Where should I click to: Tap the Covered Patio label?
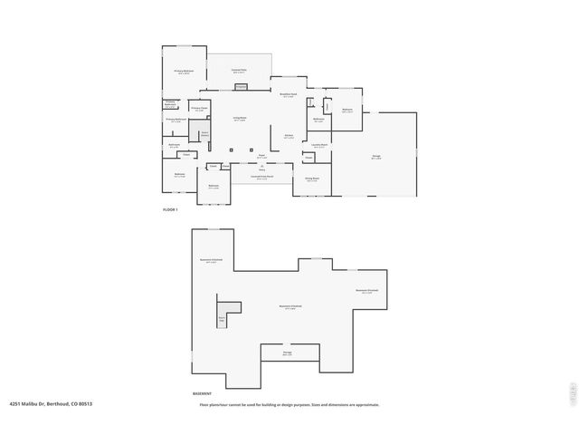pos(239,71)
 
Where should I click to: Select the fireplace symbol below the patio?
pos(241,87)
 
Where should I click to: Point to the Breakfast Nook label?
pos(288,95)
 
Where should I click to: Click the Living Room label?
pos(240,119)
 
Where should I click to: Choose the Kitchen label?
pos(289,137)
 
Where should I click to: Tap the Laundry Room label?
pos(319,145)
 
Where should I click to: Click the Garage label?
pos(375,157)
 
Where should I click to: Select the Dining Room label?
pos(311,179)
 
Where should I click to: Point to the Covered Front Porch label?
pos(261,178)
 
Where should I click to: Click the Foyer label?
pos(261,156)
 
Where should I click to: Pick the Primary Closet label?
pos(199,109)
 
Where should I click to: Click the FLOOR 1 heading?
pos(170,210)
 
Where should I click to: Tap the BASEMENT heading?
pos(202,393)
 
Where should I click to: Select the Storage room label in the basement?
pos(287,353)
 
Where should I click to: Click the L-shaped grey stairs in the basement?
pos(225,313)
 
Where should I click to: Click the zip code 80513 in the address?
pos(86,404)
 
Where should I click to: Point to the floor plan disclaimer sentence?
pos(289,404)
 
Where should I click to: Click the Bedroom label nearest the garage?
pos(347,111)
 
